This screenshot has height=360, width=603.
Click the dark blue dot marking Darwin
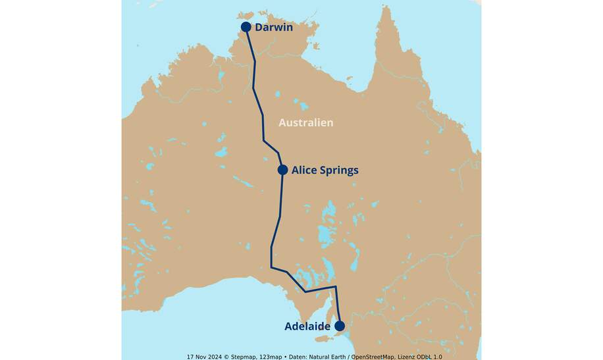pos(246,27)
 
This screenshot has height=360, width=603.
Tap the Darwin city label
pos(273,28)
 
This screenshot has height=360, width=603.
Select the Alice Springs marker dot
pos(282,170)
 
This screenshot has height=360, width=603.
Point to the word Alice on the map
pos(305,170)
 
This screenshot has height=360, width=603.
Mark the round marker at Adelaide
pos(340,326)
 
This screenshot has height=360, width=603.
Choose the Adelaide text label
pos(307,326)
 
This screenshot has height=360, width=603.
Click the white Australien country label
pos(305,122)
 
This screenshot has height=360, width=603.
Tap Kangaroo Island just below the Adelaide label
pos(323,339)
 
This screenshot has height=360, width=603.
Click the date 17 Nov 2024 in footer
pos(205,356)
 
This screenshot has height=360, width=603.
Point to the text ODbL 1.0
pos(430,356)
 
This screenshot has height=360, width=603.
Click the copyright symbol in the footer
pos(228,356)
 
